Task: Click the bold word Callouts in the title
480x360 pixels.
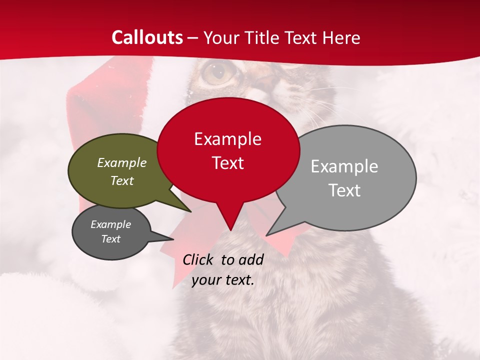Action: (x=147, y=37)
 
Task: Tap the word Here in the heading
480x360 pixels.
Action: (x=341, y=37)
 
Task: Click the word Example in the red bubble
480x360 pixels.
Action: (x=227, y=138)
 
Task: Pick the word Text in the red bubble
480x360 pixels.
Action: (x=227, y=163)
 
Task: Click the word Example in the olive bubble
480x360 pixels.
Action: (x=121, y=162)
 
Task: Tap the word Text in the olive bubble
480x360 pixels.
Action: (x=121, y=180)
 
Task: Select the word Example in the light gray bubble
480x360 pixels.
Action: (x=344, y=166)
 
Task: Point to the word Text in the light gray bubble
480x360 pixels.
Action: (x=344, y=190)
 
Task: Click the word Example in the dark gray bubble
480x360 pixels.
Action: (x=110, y=224)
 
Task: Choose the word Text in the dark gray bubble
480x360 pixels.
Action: (x=110, y=239)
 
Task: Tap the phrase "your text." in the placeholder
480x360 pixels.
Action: (x=222, y=280)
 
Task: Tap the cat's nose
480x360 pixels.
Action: (x=267, y=80)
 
